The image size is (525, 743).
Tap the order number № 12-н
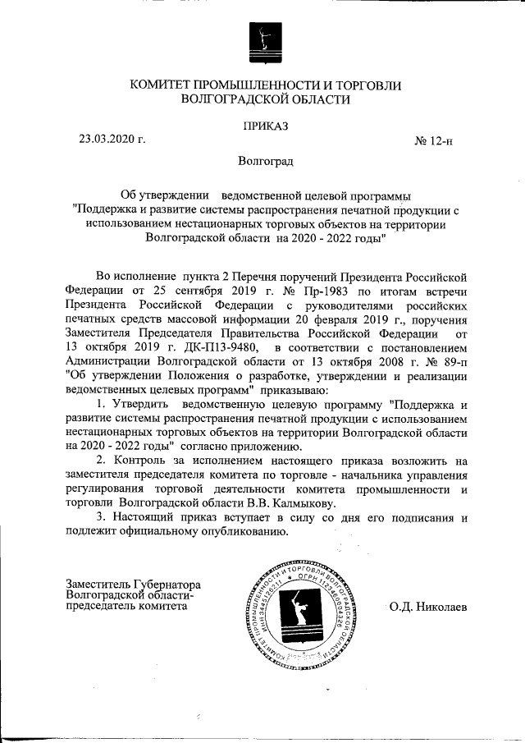click(x=436, y=141)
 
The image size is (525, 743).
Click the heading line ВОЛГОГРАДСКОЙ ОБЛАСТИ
click(x=265, y=100)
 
